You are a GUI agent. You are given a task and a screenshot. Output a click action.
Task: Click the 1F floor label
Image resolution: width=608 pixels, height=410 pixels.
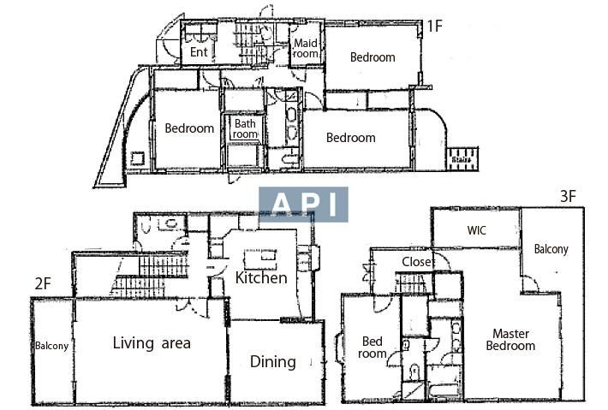pos(435,26)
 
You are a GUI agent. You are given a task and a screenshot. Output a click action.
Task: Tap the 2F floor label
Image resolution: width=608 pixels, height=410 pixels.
pos(43,284)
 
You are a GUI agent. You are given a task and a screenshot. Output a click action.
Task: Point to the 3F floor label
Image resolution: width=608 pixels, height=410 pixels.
pos(568,197)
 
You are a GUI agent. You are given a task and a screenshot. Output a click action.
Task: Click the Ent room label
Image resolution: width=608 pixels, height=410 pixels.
pos(199,51)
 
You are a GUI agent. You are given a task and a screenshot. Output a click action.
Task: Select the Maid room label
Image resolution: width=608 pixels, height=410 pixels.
pos(306,48)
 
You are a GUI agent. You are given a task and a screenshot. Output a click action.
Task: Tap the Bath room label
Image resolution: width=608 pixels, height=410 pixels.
pos(245,129)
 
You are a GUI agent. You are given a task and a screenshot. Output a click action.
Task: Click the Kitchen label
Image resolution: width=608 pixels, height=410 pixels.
pos(261,278)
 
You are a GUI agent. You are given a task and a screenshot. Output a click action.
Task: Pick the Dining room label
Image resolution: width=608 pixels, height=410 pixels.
pos(273,362)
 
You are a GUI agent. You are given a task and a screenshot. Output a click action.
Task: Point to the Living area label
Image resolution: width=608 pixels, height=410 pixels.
pos(152,343)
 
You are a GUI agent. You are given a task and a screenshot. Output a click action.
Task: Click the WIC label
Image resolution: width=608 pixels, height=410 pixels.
pos(476,230)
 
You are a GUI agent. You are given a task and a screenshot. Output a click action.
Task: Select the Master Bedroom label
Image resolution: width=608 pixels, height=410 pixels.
pos(510,340)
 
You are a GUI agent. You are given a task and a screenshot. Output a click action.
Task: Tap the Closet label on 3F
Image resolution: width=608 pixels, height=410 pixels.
pos(417,262)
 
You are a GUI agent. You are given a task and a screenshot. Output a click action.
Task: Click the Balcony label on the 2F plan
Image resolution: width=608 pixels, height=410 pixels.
pos(51,346)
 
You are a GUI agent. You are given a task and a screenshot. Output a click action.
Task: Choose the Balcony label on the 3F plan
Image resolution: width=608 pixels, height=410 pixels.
pos(551,249)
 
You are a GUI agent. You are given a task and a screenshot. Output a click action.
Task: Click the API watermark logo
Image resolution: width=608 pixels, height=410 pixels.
pos(303,205)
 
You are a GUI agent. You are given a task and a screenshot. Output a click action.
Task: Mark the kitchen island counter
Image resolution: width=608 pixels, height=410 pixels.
pos(259,259)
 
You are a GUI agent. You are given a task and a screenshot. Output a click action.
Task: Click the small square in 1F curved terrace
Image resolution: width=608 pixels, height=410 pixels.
pos(138,159)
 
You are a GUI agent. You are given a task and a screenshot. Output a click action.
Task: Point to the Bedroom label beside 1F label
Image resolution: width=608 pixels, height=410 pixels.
pos(373,57)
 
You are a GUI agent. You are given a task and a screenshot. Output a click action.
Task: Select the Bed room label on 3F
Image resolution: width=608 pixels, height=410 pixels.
pos(373,348)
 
